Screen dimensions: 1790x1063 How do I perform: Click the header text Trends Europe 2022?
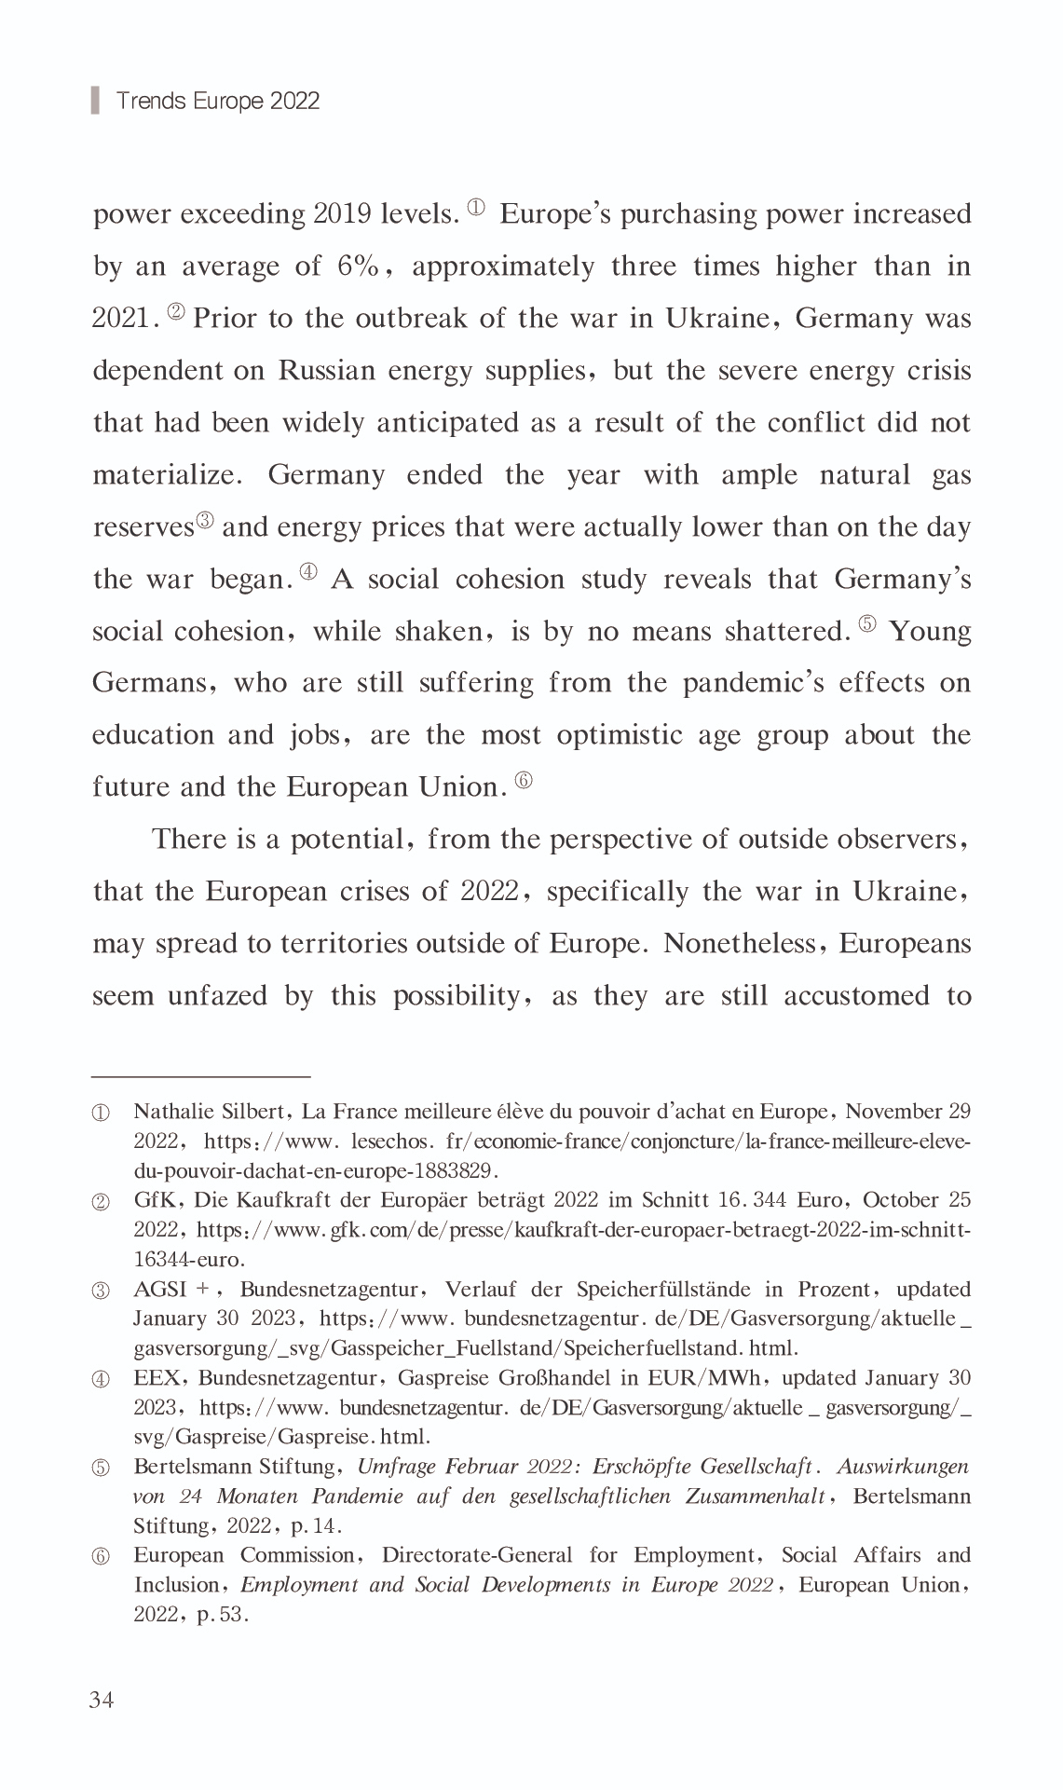[217, 101]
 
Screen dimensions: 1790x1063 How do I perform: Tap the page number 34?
[102, 1701]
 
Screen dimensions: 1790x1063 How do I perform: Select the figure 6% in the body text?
[358, 266]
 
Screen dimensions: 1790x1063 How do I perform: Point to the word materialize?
[167, 475]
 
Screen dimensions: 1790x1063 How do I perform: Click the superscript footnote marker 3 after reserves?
[205, 521]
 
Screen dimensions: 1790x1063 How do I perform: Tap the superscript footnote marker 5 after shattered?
[866, 624]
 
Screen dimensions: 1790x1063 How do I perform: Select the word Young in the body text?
[930, 632]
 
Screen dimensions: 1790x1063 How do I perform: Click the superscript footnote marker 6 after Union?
[525, 781]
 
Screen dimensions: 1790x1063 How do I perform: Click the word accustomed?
[856, 996]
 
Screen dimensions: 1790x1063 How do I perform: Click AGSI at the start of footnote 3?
[160, 1290]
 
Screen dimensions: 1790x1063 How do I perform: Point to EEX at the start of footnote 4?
[157, 1378]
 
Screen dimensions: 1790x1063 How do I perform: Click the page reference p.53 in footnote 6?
[222, 1615]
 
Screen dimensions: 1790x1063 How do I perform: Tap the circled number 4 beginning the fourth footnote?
[101, 1380]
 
